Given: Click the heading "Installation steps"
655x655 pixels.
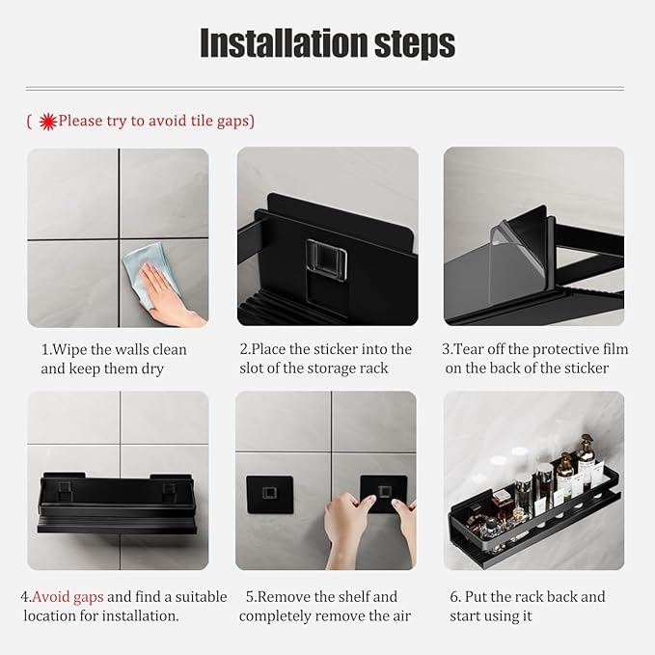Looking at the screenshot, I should [327, 43].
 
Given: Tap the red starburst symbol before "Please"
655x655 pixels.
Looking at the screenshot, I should [47, 121].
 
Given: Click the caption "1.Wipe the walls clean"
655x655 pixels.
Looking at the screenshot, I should [114, 349].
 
